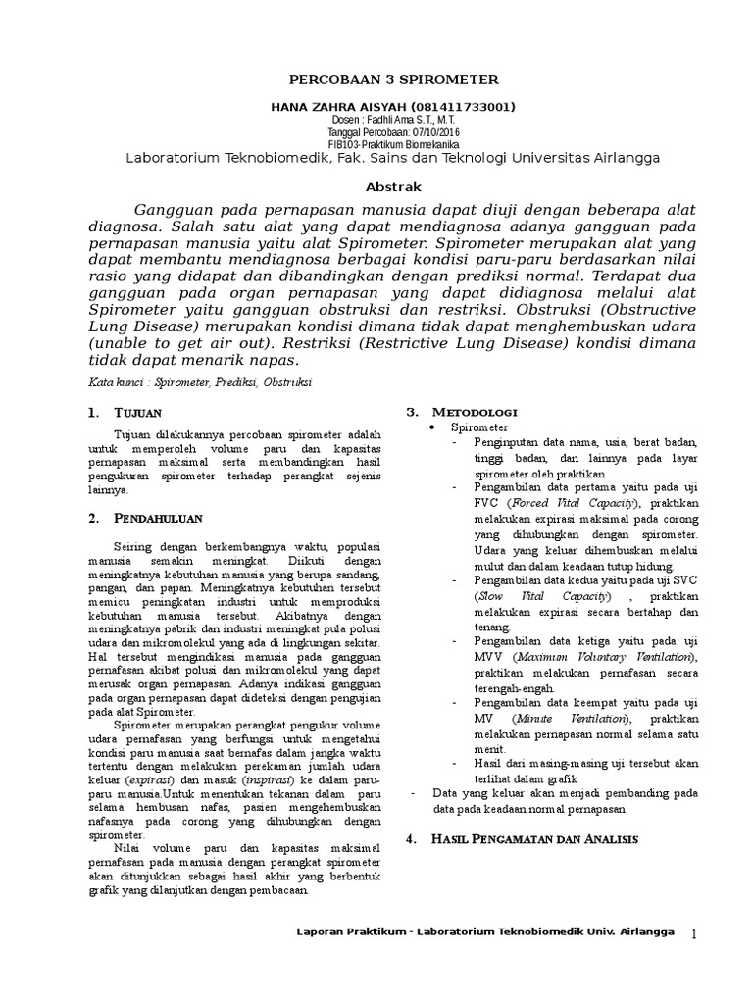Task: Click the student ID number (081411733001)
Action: coord(461,106)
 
